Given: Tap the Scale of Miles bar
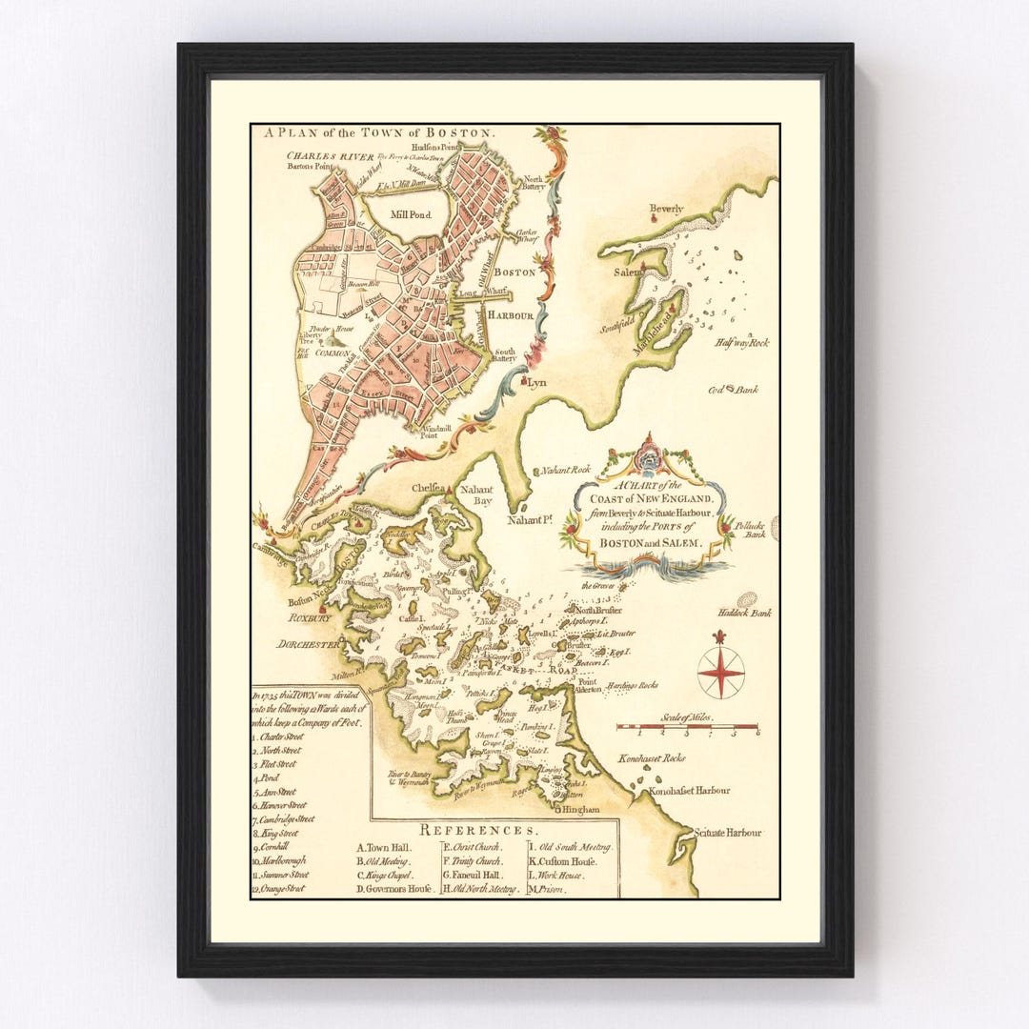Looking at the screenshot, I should (x=687, y=727).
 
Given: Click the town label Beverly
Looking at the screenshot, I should (x=666, y=209).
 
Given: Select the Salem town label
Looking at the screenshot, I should (x=629, y=272).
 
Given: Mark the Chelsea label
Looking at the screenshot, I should (x=430, y=488).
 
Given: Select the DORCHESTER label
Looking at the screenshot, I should (x=308, y=644).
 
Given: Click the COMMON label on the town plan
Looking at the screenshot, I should (x=334, y=353).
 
